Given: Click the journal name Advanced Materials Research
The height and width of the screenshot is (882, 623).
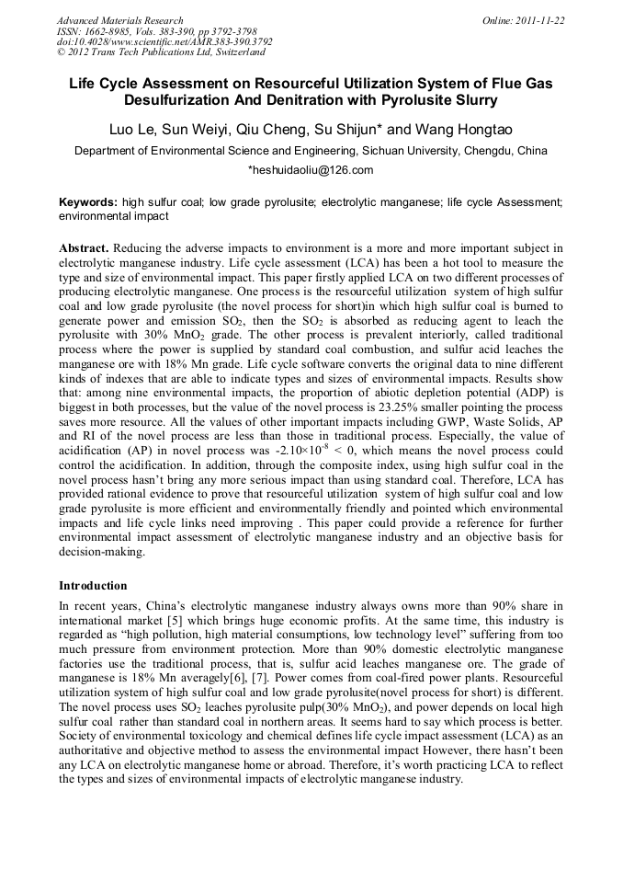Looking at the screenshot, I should click(119, 20).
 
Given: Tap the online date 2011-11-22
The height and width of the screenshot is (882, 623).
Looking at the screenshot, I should click(542, 20).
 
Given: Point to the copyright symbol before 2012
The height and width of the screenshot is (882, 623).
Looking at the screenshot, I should click(61, 53).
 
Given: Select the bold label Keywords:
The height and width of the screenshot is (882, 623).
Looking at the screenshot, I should click(88, 200).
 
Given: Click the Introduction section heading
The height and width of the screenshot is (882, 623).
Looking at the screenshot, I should click(93, 585).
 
